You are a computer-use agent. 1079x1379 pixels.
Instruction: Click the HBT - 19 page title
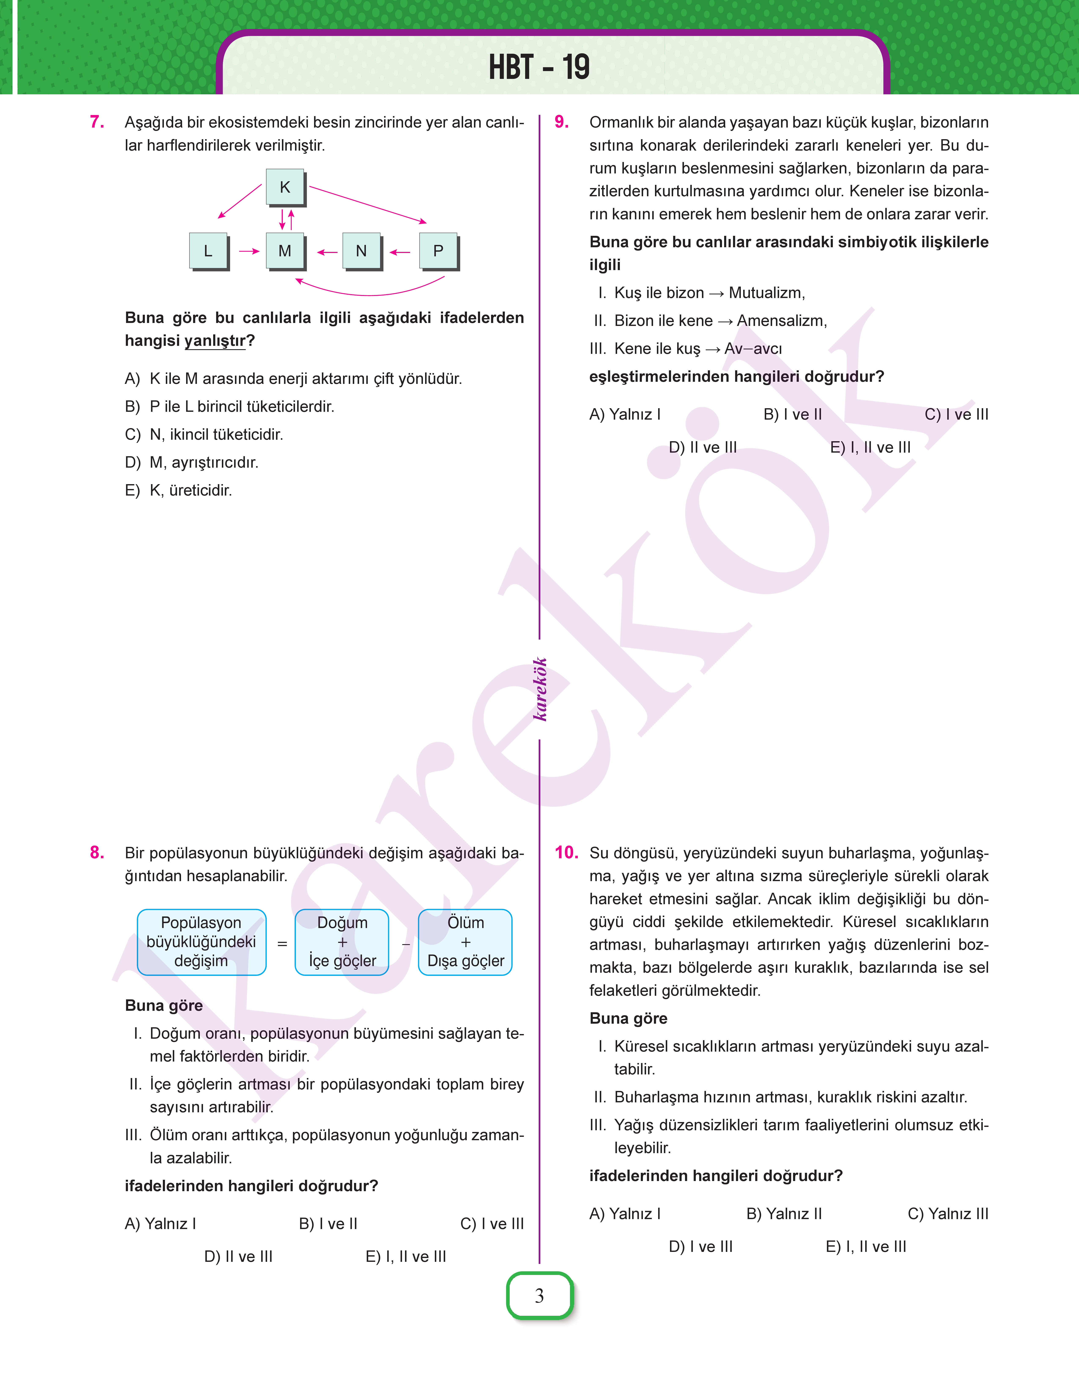[x=539, y=67]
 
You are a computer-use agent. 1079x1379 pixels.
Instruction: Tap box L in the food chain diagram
[x=208, y=251]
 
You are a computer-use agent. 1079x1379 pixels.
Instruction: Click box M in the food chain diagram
[x=285, y=251]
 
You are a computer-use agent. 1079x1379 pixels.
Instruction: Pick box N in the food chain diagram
[x=361, y=251]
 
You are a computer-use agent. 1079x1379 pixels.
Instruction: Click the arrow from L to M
[x=249, y=251]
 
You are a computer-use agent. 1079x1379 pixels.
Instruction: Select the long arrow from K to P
[x=368, y=204]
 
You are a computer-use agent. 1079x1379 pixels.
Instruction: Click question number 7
[x=97, y=122]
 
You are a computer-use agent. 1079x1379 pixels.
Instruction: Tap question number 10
[x=566, y=853]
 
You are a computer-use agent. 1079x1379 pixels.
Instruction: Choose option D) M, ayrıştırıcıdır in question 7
[x=192, y=462]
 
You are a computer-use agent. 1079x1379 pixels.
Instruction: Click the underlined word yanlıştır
[x=215, y=341]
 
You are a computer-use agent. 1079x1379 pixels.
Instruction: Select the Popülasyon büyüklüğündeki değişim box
[x=202, y=942]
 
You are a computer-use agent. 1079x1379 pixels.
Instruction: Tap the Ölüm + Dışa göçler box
[x=466, y=942]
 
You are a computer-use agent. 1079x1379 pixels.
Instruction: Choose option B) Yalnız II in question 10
[x=784, y=1213]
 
